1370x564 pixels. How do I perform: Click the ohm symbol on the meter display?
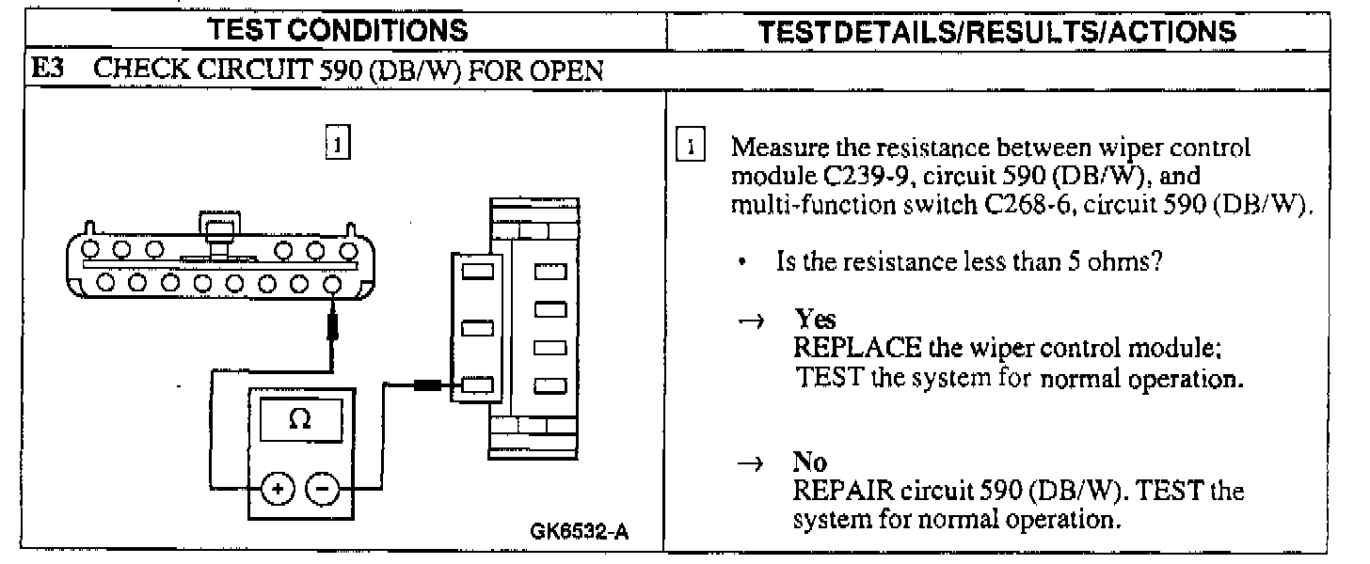299,422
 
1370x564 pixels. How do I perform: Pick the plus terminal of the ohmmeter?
279,488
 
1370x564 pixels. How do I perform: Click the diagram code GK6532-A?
581,533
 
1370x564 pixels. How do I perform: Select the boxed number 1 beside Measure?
692,148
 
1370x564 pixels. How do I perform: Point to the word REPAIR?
844,491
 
